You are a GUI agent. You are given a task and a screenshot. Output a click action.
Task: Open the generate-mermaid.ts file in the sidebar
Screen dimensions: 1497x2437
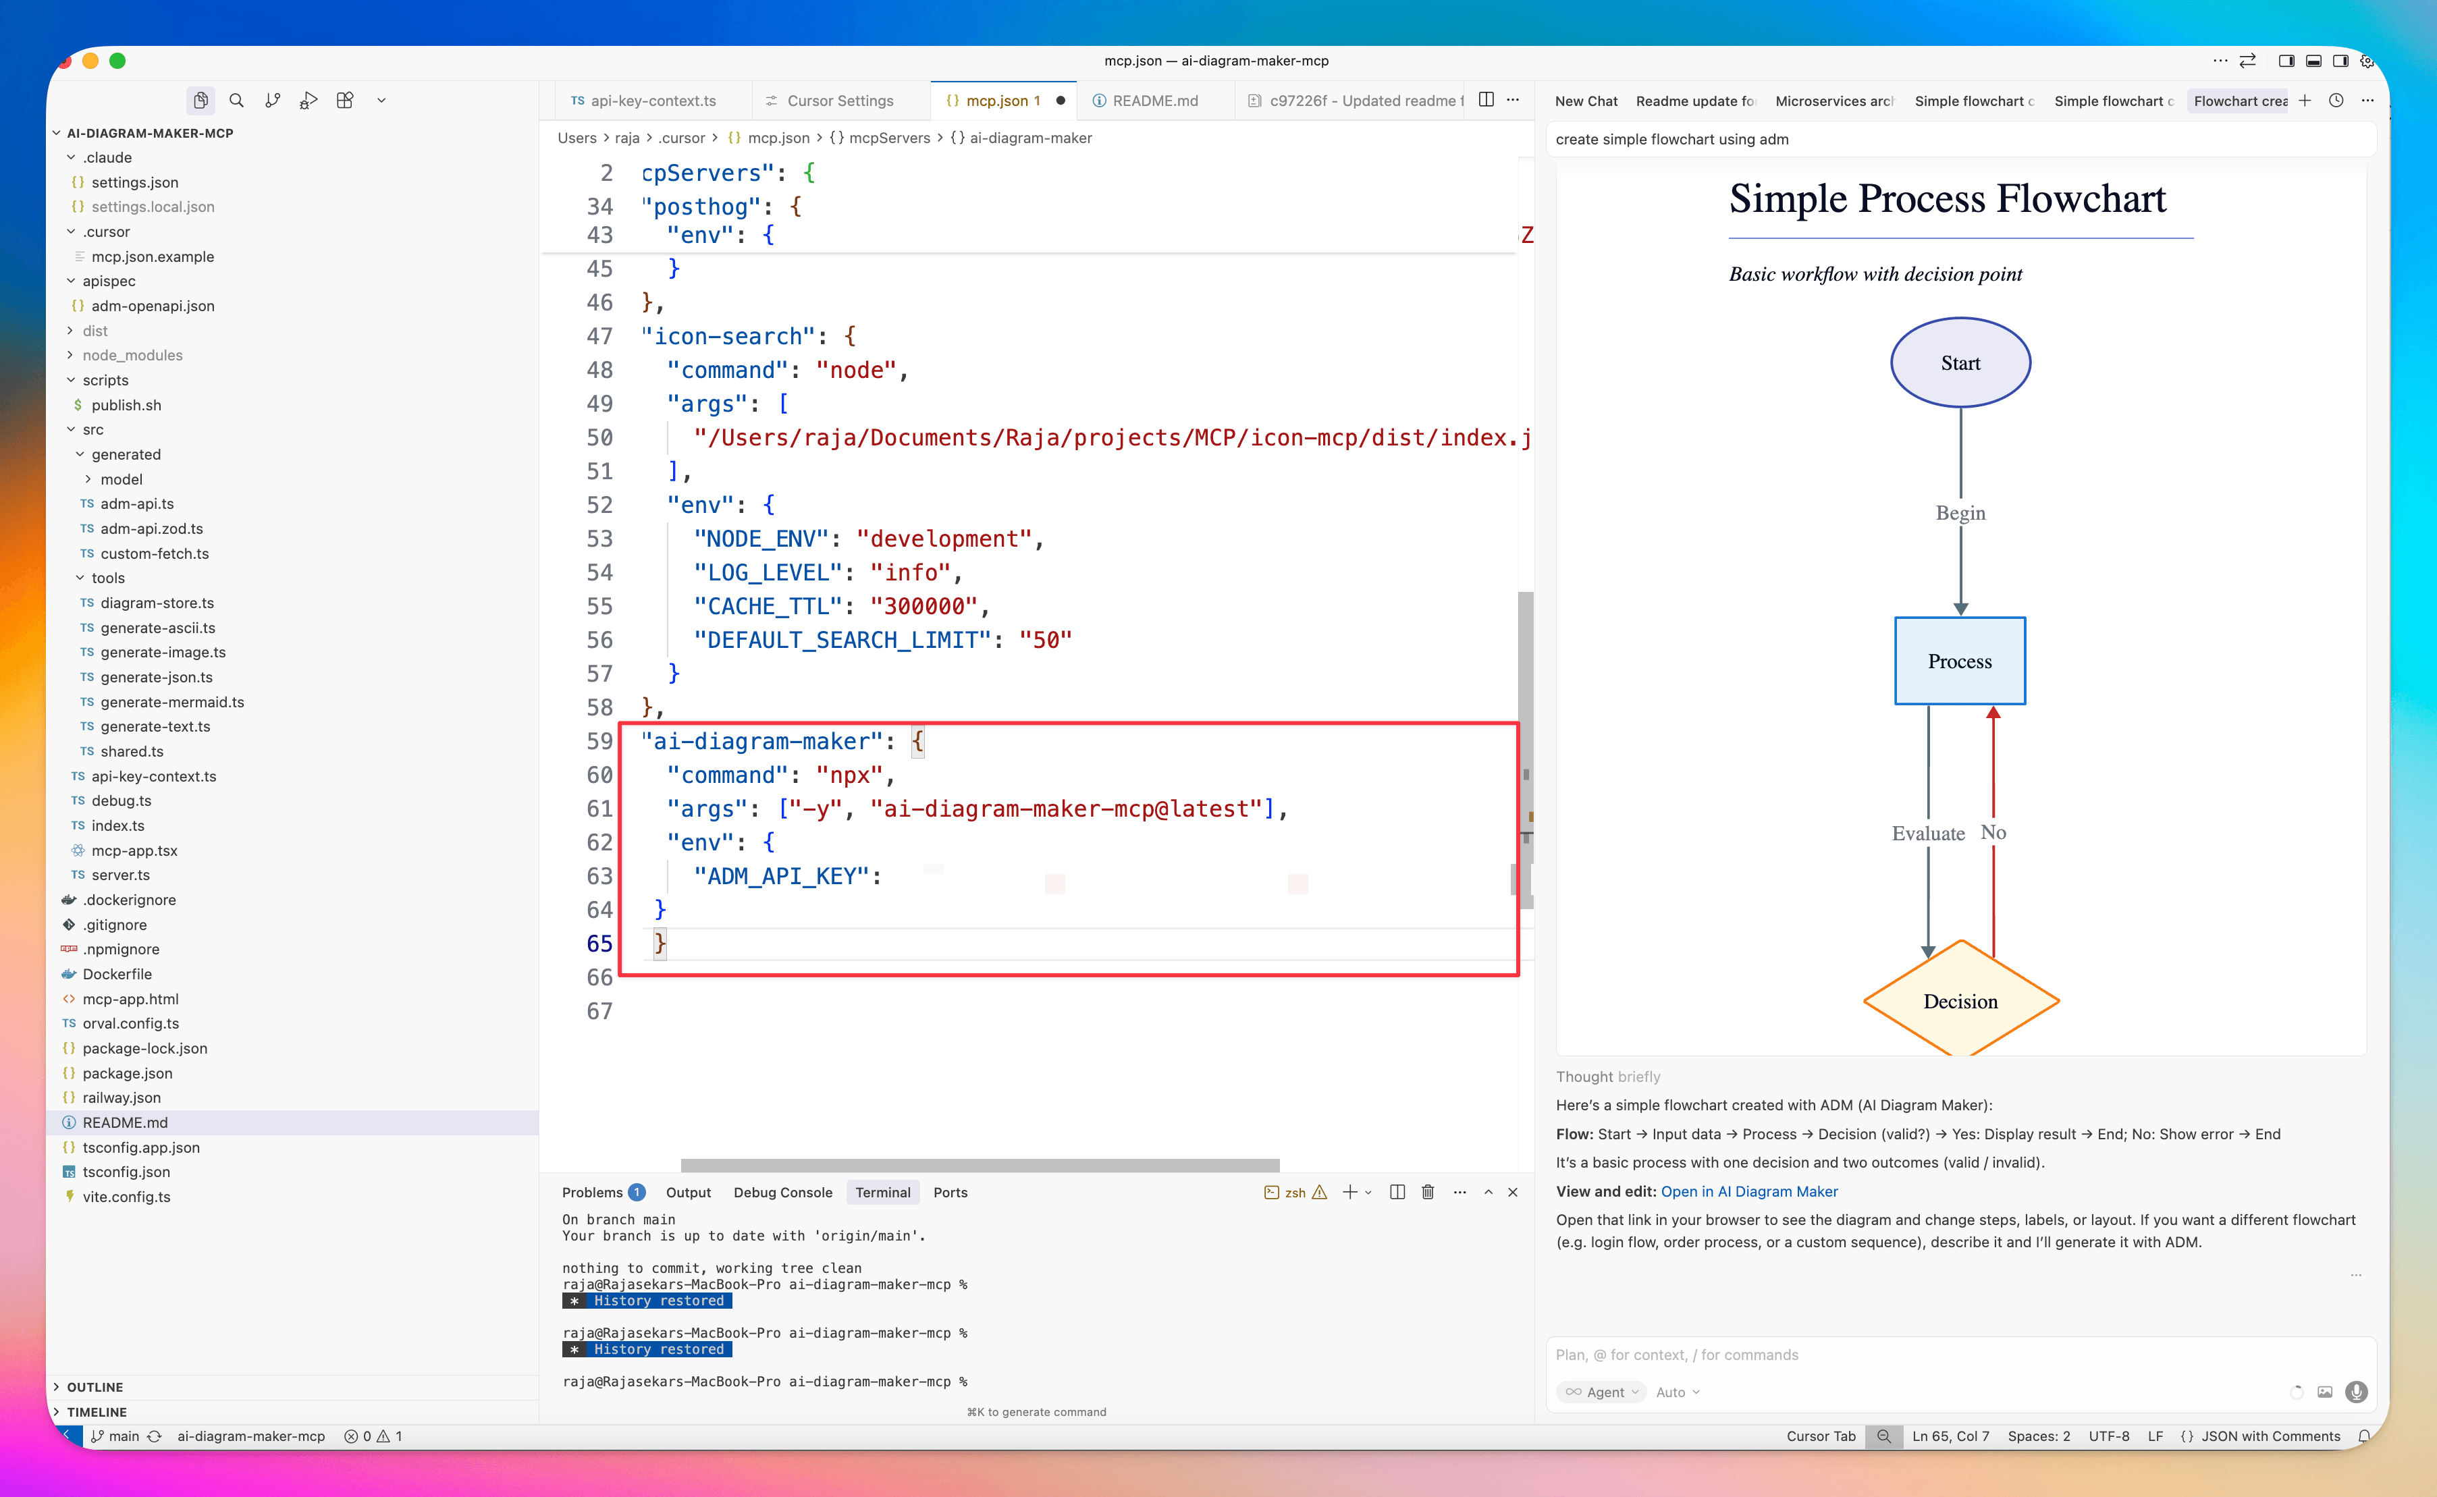point(171,702)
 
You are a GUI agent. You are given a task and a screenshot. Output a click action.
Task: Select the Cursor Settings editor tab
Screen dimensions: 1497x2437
point(840,101)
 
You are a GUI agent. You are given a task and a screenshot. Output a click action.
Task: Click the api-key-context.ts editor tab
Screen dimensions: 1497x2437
point(653,101)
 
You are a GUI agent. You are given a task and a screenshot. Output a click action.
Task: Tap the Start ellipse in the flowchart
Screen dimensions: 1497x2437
point(1960,363)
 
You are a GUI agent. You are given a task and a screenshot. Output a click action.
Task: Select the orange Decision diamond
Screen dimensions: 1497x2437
point(1960,1001)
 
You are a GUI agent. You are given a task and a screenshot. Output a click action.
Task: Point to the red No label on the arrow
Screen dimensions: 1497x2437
point(1992,833)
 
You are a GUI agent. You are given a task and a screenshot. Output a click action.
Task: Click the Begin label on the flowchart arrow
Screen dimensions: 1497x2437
point(1960,513)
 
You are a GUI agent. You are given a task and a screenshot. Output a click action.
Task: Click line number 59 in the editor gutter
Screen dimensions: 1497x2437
point(599,742)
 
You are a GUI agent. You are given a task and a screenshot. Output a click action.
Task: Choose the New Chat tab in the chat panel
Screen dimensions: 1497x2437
point(1585,101)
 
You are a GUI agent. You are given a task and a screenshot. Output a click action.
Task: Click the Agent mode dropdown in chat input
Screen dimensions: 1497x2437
point(1601,1392)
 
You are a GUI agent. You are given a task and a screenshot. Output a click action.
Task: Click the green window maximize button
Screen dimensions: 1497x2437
point(117,60)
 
